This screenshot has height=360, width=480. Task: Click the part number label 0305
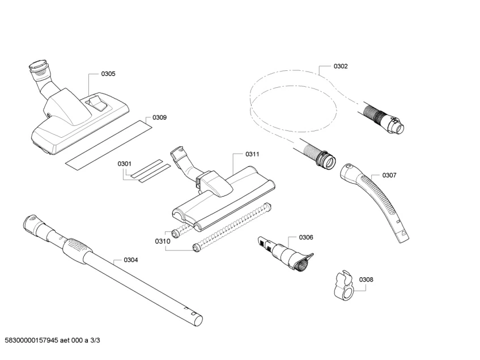tap(108, 74)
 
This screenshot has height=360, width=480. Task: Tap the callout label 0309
tap(159, 118)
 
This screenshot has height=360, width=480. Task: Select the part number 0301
tap(125, 164)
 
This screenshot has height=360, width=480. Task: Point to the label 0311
tap(252, 154)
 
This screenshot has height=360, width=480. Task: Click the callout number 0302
tap(341, 66)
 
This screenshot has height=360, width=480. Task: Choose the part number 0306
tap(306, 237)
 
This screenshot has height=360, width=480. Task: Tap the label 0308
tap(366, 279)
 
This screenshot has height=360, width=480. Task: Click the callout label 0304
tap(130, 260)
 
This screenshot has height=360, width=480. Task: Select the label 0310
tap(163, 242)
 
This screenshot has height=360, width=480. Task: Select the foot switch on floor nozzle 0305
tap(97, 103)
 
